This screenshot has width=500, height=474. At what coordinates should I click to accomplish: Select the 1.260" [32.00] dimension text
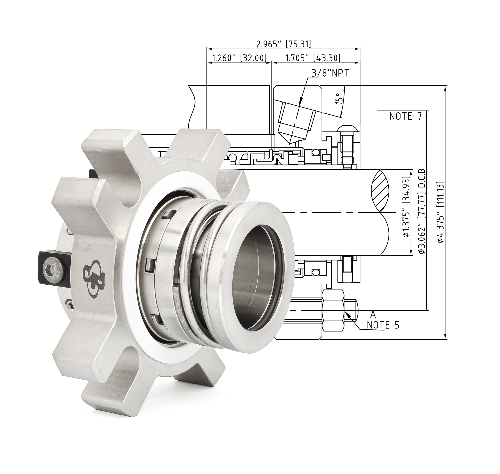point(239,58)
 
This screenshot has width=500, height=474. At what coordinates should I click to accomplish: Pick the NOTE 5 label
point(383,325)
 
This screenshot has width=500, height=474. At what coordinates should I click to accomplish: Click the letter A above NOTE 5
point(373,315)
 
